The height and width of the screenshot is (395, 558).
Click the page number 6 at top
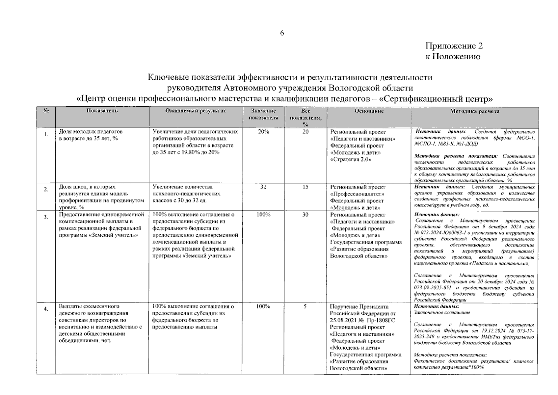(282, 33)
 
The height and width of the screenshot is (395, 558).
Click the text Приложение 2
(454, 46)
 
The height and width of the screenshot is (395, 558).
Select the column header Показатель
(102, 111)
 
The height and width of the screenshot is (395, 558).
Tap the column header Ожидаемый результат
(196, 111)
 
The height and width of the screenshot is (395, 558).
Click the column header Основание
(369, 111)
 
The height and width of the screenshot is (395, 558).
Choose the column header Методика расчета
(474, 111)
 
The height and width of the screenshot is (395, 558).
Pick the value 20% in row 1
(263, 132)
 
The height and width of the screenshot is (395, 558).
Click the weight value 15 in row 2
(305, 187)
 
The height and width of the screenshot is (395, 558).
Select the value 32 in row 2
(263, 187)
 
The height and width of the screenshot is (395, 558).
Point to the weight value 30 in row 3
(305, 215)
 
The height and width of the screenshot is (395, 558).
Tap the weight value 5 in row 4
(305, 306)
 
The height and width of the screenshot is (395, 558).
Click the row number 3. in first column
(46, 217)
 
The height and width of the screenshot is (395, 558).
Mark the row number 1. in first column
(46, 134)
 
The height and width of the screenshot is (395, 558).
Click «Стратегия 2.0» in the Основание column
(351, 160)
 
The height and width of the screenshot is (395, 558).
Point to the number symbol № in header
(46, 111)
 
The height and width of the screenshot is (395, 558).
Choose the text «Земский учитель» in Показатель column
(113, 235)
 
